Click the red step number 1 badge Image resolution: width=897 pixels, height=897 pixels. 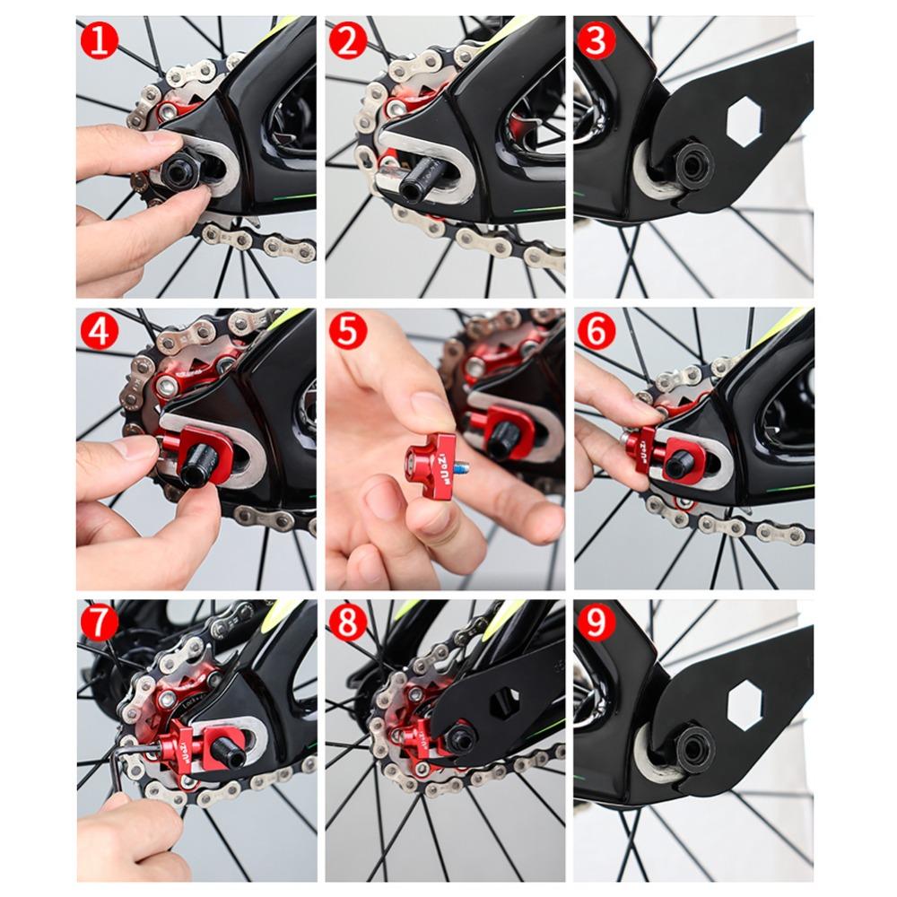click(x=99, y=41)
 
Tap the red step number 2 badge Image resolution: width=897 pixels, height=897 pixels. click(x=347, y=41)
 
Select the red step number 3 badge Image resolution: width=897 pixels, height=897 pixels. click(x=595, y=41)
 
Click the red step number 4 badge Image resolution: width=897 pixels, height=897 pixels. click(x=99, y=332)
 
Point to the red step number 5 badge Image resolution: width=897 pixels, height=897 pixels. click(x=347, y=332)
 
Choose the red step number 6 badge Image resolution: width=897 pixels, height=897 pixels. click(x=595, y=332)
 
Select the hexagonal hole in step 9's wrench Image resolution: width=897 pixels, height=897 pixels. click(x=744, y=704)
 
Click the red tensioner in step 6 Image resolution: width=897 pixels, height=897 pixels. click(x=642, y=448)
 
